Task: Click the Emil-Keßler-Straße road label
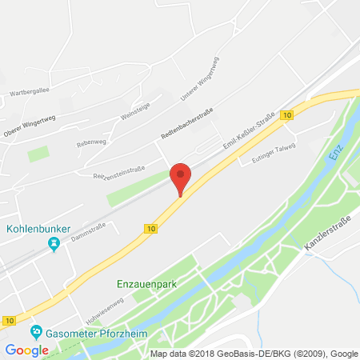click(248, 130)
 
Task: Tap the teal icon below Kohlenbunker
click(54, 245)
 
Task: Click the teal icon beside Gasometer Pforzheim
click(36, 331)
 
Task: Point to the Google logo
click(26, 350)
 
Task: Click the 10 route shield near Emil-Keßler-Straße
click(287, 114)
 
